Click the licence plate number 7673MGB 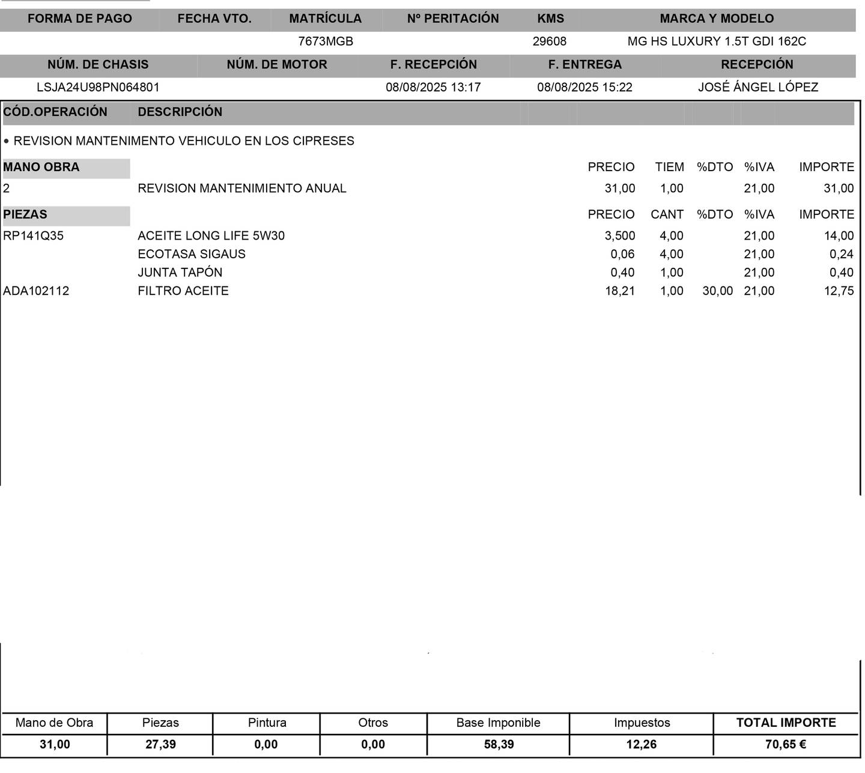[x=326, y=41]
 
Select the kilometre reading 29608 [x=549, y=41]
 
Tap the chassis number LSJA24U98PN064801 [x=98, y=87]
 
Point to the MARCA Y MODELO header [x=716, y=19]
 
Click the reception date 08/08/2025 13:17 [x=433, y=87]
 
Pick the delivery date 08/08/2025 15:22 [x=584, y=87]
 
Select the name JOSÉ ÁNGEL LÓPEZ [x=757, y=87]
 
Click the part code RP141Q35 [x=34, y=235]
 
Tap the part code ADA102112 [x=36, y=291]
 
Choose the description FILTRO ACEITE [x=183, y=291]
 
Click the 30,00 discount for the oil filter [x=717, y=291]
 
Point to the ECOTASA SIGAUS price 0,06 [x=622, y=254]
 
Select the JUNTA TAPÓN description [x=180, y=272]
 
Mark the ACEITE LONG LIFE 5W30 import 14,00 [x=839, y=235]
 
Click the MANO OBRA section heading [x=41, y=167]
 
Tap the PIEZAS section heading [x=25, y=214]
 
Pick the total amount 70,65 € [x=785, y=744]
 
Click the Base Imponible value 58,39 [x=499, y=744]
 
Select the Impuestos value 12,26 [x=641, y=744]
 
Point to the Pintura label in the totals [x=267, y=723]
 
